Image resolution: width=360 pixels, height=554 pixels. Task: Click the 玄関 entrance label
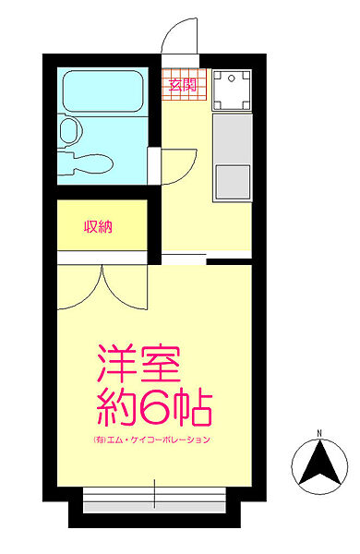tap(182, 85)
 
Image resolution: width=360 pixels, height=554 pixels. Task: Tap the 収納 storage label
tap(99, 226)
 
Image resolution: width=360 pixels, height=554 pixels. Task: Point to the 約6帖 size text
tap(154, 405)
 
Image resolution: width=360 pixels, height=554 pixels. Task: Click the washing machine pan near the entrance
tap(232, 90)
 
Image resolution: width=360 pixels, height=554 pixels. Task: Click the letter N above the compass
tap(318, 433)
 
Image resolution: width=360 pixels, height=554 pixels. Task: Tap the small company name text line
tap(152, 440)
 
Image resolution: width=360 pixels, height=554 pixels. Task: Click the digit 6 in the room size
tap(169, 405)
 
